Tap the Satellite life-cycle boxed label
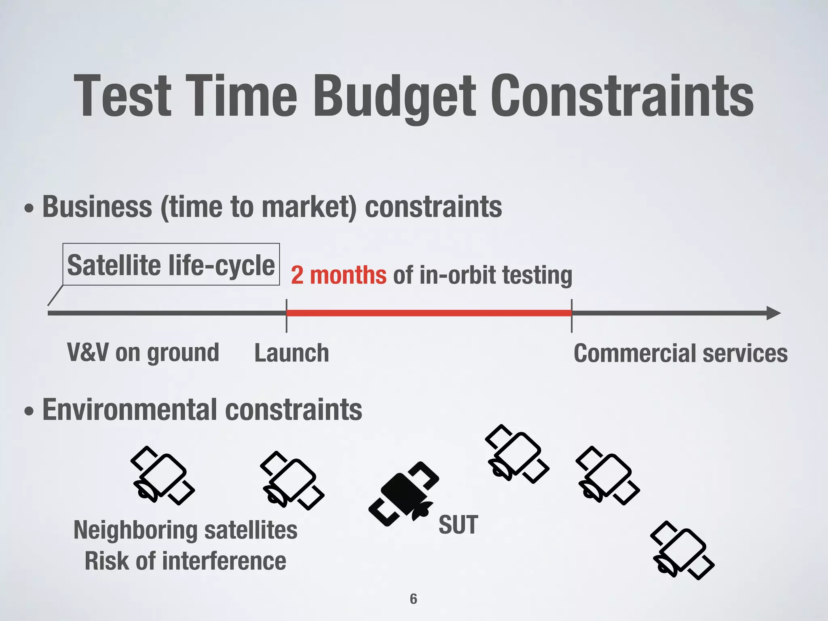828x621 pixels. click(171, 265)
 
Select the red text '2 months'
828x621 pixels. click(338, 275)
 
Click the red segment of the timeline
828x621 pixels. click(429, 313)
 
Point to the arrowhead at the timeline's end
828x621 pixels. click(773, 313)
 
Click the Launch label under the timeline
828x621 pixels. click(291, 353)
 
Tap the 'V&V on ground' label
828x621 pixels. click(143, 353)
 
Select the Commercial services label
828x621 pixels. click(680, 353)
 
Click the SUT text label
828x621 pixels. click(458, 525)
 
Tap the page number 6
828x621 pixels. click(413, 599)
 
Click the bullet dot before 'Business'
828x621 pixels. click(29, 209)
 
